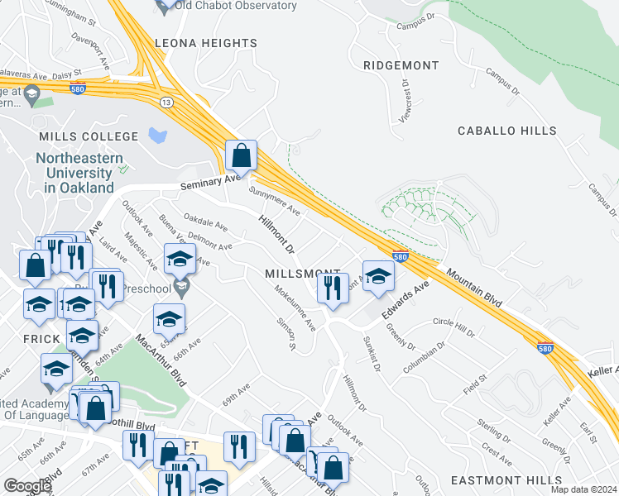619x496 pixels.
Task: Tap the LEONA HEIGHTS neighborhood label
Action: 206,43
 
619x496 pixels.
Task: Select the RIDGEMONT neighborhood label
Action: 400,64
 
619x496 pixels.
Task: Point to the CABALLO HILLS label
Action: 501,131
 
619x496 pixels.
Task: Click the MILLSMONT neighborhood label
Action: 302,274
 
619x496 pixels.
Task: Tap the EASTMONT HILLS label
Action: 511,480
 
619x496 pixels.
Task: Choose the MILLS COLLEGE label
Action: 89,136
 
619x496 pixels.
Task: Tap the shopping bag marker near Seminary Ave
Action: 241,155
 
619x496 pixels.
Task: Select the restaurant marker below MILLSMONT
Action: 333,289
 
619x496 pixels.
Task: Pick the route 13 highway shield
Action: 166,102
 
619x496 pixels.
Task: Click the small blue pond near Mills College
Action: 157,135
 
